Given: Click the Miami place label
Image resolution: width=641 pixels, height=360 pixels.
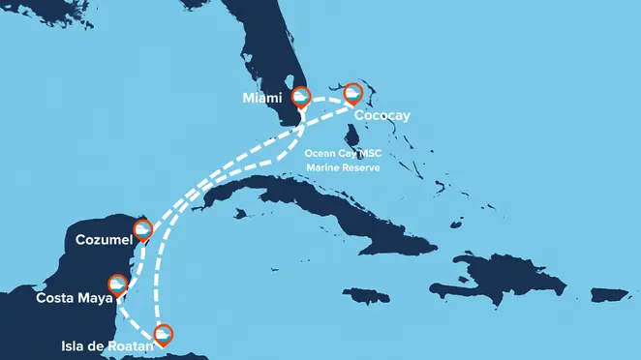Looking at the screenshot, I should [262, 98].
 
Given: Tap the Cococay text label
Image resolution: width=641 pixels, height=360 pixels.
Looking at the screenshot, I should [383, 115].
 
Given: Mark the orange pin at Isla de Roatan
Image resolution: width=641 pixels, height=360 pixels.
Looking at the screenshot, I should [165, 335].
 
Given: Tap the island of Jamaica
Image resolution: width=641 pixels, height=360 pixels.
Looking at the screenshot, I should [364, 295].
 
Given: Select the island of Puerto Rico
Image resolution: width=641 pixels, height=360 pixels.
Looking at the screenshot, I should [608, 293].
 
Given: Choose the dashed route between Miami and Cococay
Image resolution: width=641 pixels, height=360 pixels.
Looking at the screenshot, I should [327, 97].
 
